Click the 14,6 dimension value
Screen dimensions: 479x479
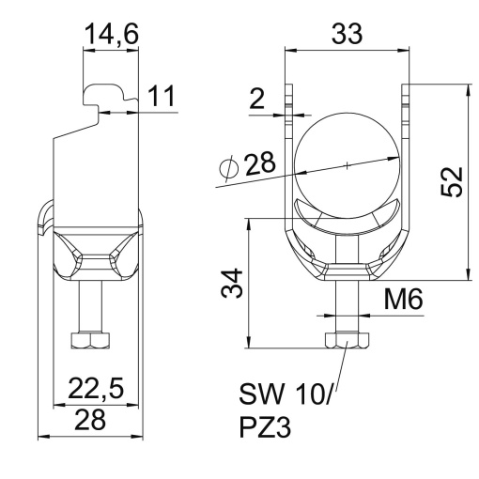111,35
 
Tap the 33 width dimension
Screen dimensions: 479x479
348,35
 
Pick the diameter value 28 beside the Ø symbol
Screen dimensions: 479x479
260,166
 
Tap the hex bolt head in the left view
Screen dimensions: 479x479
88,340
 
